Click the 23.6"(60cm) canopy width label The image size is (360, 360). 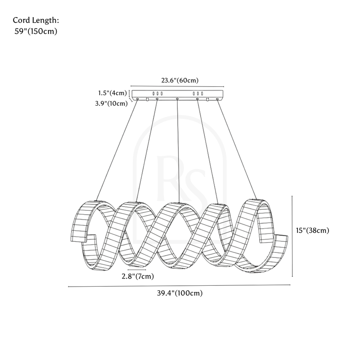click(180, 81)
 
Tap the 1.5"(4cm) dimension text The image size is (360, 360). click(113, 93)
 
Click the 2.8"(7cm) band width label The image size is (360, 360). click(137, 276)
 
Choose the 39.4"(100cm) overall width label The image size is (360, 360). click(180, 293)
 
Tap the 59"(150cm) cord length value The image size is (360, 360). click(36, 31)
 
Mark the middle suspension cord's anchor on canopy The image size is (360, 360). click(177, 99)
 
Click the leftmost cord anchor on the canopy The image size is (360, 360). click(137, 99)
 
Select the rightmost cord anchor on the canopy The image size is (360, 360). click(218, 99)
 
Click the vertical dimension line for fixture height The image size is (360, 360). click(293, 236)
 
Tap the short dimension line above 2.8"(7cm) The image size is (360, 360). click(137, 270)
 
